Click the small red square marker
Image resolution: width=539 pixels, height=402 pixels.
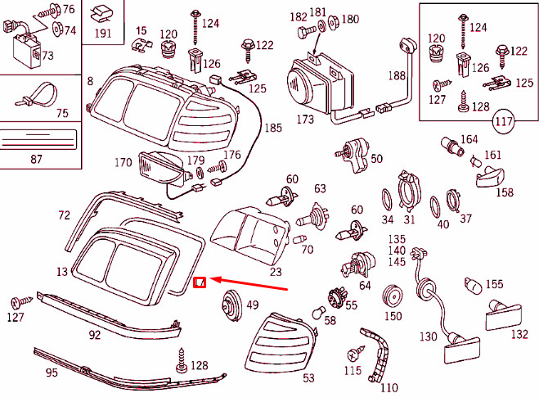tap(199, 282)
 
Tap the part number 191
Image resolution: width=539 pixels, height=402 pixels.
tap(103, 33)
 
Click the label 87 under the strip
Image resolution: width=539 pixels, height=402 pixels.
tap(36, 158)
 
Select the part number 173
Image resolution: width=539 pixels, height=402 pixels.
tap(304, 120)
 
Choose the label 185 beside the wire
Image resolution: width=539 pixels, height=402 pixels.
tap(273, 128)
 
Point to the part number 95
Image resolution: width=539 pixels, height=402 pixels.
tap(51, 373)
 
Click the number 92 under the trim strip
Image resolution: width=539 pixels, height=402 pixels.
tap(95, 334)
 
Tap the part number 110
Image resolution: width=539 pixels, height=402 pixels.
tap(389, 387)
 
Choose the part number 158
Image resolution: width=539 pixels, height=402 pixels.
tap(505, 192)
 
